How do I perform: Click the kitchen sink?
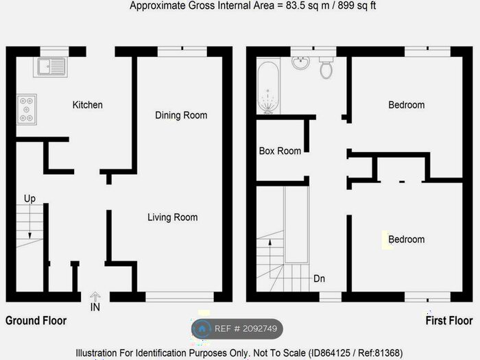point(52,67)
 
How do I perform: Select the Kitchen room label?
point(88,105)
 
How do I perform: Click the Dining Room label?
point(181,115)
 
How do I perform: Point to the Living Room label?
point(172,217)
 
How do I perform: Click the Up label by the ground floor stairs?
point(29,199)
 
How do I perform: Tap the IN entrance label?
point(95,308)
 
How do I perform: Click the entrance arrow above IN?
point(95,296)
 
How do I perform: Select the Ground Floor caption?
point(36,321)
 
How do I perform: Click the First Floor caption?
point(449,321)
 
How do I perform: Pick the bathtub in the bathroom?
point(268,88)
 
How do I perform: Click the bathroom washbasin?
point(300,64)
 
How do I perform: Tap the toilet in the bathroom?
point(326,67)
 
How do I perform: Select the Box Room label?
point(280,151)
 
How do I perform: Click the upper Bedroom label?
point(406,105)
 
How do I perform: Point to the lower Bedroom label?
point(406,239)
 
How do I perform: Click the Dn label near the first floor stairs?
point(319,279)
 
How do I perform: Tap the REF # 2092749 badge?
point(237,328)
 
